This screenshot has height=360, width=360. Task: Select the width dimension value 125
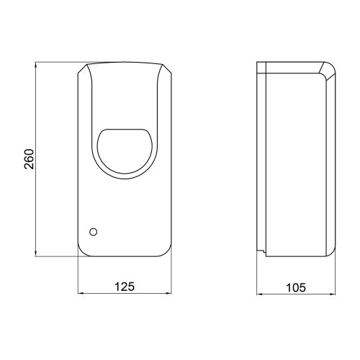[x=125, y=286]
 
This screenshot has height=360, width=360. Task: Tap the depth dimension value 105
[x=295, y=286]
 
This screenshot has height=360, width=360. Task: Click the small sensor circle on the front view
[x=92, y=232]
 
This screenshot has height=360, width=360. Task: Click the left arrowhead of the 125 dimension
[x=80, y=294]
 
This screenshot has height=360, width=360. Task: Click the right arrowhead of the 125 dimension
[x=170, y=294]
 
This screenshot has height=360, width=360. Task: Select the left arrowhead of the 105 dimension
[x=261, y=294]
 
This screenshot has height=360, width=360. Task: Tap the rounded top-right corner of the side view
[x=328, y=68]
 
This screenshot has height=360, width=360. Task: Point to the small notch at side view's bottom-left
[x=264, y=251]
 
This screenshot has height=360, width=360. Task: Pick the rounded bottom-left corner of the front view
[x=81, y=252]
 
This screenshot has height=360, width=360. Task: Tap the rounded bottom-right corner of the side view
[x=330, y=252]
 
